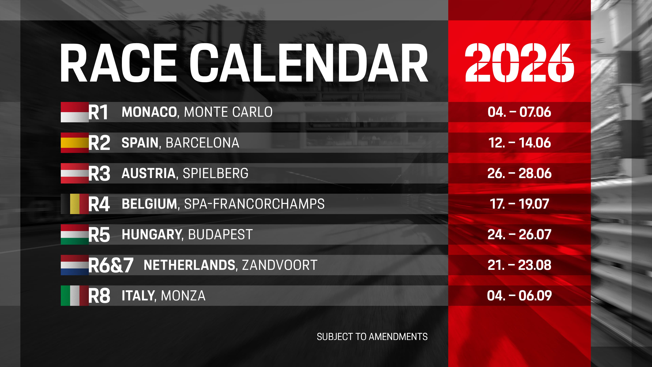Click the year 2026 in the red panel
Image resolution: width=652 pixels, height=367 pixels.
[519, 63]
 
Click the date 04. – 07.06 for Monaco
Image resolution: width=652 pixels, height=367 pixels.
[519, 112]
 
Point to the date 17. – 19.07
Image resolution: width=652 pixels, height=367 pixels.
[519, 204]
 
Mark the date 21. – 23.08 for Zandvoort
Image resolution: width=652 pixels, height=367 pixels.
[519, 265]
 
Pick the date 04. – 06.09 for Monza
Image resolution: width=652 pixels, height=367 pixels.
[519, 296]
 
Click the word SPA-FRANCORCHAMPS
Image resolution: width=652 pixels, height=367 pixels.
[254, 204]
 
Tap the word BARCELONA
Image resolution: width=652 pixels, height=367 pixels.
[203, 143]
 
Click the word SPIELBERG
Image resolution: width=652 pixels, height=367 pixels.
[215, 173]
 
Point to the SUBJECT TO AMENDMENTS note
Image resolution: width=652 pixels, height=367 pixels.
[372, 337]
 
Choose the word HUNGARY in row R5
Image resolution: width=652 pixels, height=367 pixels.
[152, 234]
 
